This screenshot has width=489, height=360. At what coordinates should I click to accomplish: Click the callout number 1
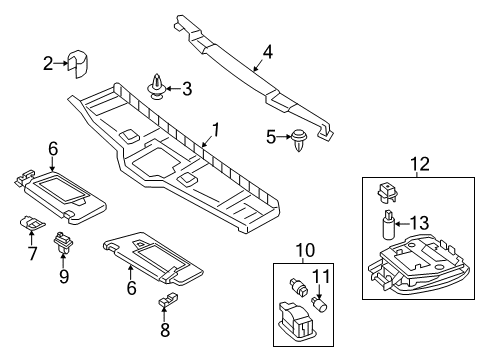216,130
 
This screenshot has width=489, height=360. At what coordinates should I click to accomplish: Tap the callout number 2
48,63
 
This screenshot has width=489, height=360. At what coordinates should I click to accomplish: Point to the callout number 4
268,52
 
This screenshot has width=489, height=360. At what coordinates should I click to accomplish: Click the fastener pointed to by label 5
299,140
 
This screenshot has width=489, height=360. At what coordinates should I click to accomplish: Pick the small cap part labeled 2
78,64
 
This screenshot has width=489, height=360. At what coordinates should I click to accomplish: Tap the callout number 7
32,253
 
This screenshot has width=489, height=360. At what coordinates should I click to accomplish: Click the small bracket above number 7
32,223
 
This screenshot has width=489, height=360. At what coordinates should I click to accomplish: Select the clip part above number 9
63,243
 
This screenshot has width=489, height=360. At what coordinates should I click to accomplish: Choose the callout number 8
165,330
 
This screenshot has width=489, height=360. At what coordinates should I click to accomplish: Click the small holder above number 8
167,298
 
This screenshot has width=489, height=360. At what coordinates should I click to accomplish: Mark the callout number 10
305,250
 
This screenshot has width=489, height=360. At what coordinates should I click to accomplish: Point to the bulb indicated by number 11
319,304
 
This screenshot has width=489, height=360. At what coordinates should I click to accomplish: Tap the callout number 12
420,164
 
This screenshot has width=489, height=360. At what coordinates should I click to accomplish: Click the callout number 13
420,223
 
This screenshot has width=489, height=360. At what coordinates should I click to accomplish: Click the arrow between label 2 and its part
61,63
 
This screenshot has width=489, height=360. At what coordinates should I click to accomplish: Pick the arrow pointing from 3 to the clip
173,89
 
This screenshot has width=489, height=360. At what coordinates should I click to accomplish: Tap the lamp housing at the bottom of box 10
295,321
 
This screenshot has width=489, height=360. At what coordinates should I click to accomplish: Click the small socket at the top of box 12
387,192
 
